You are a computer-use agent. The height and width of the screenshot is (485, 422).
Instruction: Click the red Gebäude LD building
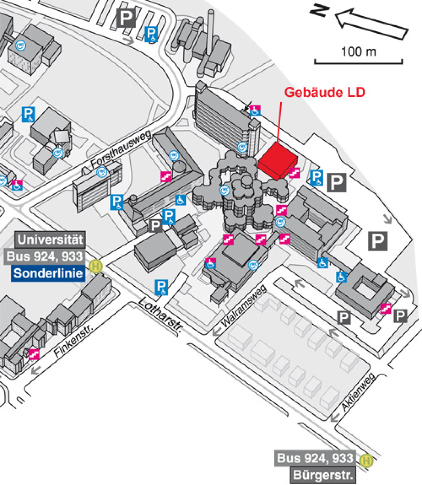277,162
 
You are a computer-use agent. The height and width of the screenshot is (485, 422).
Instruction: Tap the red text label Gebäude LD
325,92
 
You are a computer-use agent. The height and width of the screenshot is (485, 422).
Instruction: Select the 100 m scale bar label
358,52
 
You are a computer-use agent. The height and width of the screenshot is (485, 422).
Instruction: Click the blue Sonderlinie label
48,273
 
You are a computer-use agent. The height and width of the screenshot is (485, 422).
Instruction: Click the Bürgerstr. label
322,476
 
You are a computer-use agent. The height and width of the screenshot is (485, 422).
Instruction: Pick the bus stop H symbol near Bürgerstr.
366,460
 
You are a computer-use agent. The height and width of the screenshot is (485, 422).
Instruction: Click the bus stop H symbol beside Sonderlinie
95,266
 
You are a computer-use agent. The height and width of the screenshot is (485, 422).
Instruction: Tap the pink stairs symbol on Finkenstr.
34,354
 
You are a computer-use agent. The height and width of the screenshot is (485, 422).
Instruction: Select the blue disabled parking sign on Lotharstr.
161,287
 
